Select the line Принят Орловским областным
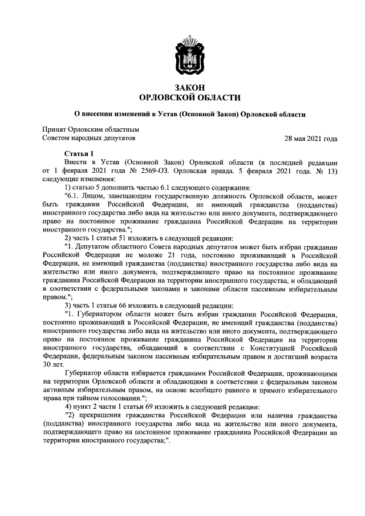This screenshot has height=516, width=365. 91,130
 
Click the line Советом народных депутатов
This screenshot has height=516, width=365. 90,139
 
